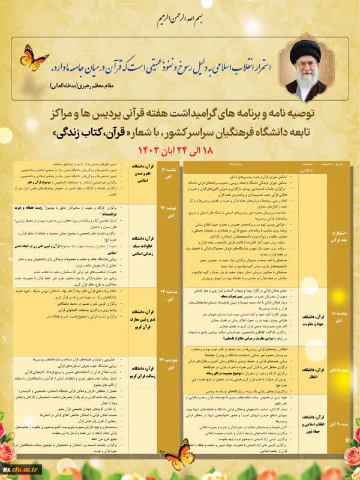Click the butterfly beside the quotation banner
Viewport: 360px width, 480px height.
coord(34,58)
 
